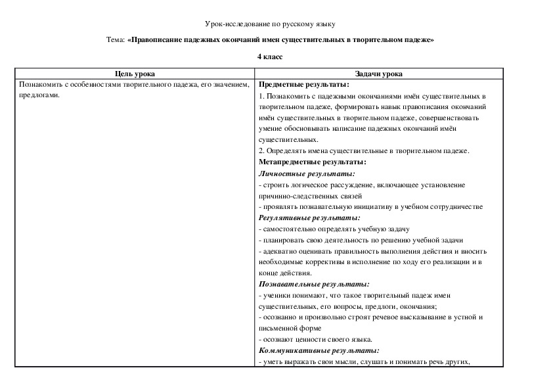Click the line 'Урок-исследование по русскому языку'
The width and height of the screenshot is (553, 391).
click(270, 24)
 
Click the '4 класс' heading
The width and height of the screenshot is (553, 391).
click(270, 57)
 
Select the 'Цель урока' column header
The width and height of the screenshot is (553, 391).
click(135, 74)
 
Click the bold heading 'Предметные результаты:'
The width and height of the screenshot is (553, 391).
click(304, 85)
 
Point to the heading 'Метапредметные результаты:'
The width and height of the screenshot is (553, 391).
click(313, 162)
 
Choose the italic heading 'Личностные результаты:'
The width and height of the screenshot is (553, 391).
click(307, 173)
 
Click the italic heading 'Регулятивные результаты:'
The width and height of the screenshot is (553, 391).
click(309, 218)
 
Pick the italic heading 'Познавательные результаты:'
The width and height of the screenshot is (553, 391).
click(314, 285)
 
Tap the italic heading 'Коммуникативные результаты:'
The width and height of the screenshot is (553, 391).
click(319, 351)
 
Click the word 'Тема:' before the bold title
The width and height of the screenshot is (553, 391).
click(115, 40)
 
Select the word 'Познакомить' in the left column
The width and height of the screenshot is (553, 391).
click(41, 85)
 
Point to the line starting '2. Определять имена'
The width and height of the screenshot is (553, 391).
click(365, 151)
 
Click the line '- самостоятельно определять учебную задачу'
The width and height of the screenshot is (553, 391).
click(334, 229)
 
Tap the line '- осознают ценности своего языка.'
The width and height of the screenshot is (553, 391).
click(316, 340)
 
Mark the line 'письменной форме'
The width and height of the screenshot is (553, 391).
click(288, 329)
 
